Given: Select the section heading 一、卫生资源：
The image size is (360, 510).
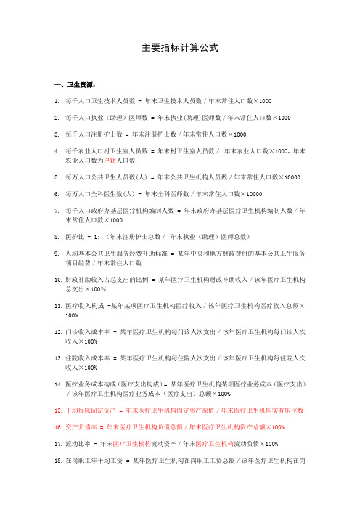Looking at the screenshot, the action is tap(70, 84).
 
